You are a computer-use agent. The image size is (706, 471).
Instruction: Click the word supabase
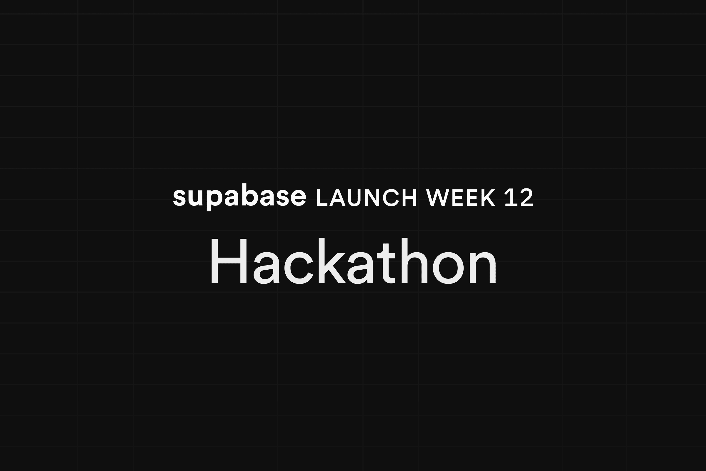(x=239, y=197)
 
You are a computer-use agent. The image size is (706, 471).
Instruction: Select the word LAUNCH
(x=367, y=198)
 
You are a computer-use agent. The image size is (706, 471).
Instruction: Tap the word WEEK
(x=461, y=198)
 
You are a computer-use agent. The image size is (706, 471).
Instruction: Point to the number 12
(x=519, y=197)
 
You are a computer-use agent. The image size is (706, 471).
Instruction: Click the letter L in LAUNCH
(x=322, y=198)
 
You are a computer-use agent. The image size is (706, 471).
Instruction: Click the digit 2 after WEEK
(x=525, y=197)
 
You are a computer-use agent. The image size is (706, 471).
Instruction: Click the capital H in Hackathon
(x=229, y=261)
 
